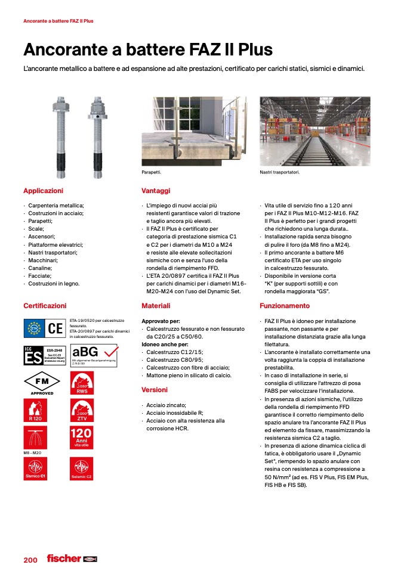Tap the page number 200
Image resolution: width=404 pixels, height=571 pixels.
tap(30, 560)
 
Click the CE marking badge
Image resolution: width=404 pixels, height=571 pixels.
tap(55, 328)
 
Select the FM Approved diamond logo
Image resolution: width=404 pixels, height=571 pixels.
tap(42, 381)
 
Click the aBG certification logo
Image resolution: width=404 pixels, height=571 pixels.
tap(92, 353)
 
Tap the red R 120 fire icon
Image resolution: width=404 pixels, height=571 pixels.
tap(35, 411)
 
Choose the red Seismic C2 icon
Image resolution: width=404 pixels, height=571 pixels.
tap(82, 469)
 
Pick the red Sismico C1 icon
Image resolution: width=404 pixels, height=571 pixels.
tap(35, 469)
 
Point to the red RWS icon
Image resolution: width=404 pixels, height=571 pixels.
tap(82, 382)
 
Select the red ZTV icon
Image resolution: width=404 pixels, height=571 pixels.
tap(82, 411)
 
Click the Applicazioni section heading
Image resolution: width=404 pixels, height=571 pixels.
tap(43, 191)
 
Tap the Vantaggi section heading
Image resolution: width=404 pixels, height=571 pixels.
tap(156, 191)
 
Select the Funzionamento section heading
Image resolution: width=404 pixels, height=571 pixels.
tap(285, 306)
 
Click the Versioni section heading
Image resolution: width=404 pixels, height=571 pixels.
tap(155, 390)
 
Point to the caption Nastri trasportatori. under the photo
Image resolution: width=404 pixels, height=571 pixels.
tap(279, 173)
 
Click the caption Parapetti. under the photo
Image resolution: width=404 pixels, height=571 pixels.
tap(152, 173)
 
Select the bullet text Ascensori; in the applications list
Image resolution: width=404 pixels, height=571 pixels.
tap(42, 237)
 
